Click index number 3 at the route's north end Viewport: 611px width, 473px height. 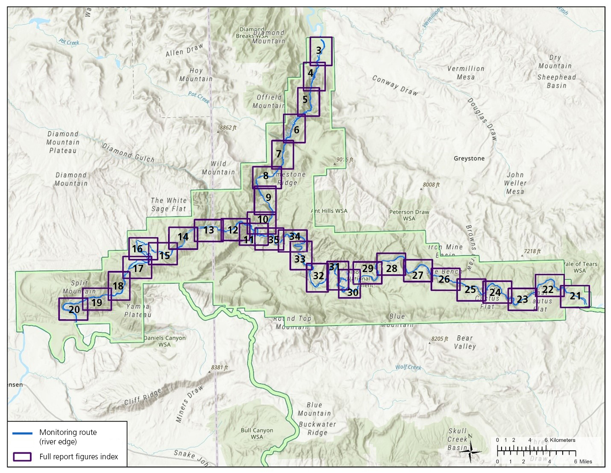(319, 50)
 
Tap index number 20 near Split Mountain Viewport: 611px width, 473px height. (74, 310)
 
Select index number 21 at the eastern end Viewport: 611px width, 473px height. (576, 296)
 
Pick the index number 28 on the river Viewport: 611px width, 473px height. (391, 269)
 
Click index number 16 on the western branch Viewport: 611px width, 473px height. (137, 249)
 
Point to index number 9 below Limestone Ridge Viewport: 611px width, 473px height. (268, 197)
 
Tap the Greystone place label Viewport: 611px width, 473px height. (469, 158)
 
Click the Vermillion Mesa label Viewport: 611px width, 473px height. (466, 73)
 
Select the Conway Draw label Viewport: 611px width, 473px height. (394, 85)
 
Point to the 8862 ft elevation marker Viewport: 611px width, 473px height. (228, 127)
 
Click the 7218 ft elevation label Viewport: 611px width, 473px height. (532, 251)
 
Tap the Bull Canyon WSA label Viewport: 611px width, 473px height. (257, 433)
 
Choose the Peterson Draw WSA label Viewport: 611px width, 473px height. (409, 215)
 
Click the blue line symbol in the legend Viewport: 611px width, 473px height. (22, 433)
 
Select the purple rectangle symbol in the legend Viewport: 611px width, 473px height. (22, 456)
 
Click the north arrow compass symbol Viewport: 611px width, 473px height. (471, 449)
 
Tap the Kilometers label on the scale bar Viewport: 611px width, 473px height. (562, 440)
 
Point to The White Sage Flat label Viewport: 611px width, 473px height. (169, 204)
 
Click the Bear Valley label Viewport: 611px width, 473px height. (464, 342)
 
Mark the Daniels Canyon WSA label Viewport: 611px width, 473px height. (164, 341)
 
